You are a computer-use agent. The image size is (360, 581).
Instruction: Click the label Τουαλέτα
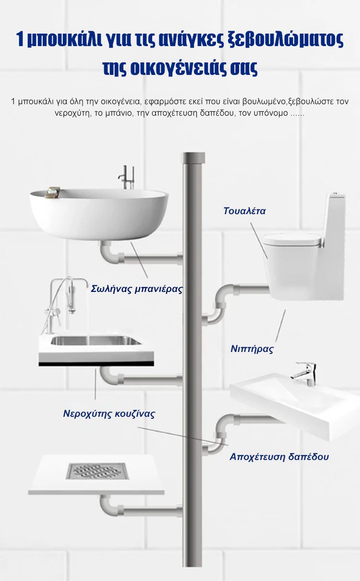244,211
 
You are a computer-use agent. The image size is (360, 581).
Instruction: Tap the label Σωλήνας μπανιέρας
137,289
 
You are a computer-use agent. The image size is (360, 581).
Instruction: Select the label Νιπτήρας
252,349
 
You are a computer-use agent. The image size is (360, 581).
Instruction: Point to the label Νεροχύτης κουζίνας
109,413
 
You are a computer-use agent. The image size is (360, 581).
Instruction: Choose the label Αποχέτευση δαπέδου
279,457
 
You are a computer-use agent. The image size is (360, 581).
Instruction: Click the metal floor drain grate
97,472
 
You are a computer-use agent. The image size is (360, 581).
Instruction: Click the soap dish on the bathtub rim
52,193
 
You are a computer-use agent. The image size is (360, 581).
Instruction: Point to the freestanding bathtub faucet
127,177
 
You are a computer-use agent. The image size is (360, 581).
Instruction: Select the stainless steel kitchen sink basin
96,340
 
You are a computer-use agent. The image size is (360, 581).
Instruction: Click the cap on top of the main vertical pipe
193,157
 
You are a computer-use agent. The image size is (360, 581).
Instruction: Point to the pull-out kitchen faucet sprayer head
72,299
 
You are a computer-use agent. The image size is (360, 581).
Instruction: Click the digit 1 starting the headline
20,40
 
